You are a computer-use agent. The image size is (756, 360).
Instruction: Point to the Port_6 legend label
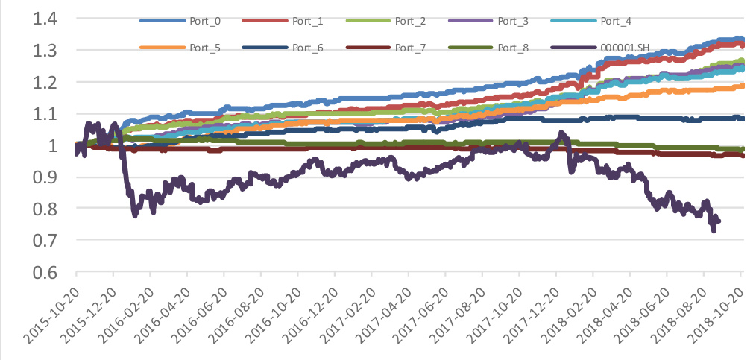coord(308,48)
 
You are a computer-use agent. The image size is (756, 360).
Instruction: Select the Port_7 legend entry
coord(409,48)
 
